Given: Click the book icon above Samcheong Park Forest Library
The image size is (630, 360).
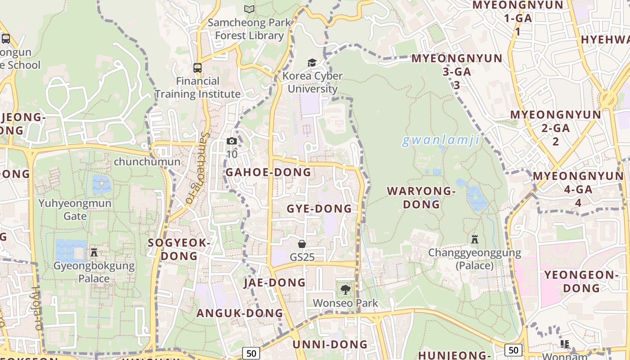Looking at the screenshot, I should (249, 9).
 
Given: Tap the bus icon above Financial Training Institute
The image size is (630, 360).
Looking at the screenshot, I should (198, 68).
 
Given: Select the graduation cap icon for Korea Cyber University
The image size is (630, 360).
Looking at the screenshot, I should (312, 63).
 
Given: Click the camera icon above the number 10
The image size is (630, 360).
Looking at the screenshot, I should (232, 141).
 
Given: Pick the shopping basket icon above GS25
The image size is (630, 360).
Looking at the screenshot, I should (302, 244).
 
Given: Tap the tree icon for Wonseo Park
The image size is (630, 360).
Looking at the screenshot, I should (345, 289).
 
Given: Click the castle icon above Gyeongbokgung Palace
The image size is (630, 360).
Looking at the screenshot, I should (94, 252).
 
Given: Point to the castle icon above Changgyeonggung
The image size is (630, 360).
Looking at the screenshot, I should (474, 239).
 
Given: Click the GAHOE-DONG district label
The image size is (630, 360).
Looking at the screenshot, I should (268, 172).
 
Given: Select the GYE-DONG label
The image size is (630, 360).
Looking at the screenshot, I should (319, 209).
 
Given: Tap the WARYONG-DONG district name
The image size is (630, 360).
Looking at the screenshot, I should (422, 198).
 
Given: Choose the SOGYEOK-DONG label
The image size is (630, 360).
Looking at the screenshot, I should (179, 249).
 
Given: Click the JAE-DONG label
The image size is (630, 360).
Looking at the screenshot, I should (274, 283).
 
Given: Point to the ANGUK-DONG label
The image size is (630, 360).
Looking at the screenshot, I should (240, 313).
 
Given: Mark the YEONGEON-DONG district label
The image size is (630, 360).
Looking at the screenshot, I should (579, 281).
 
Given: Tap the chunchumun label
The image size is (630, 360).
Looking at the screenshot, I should (147, 162).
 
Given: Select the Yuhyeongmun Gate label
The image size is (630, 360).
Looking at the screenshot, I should (75, 209).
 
